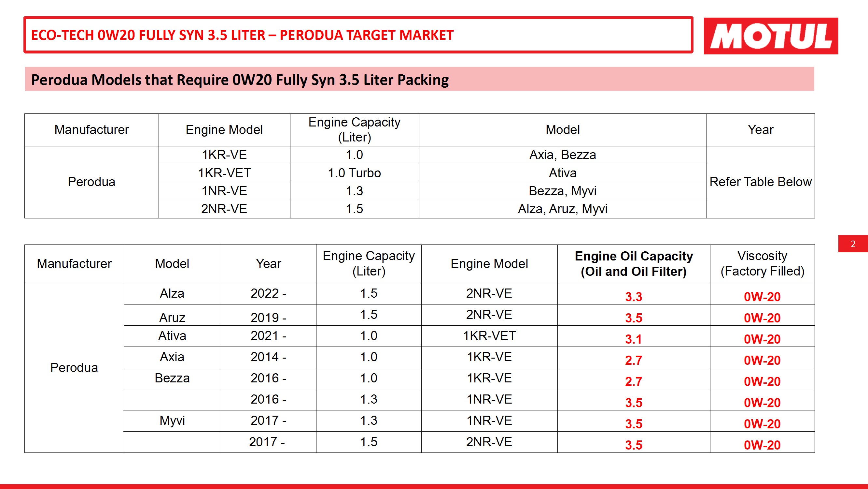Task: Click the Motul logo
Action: click(x=770, y=36)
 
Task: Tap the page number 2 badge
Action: click(x=853, y=244)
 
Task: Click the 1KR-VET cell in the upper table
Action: click(x=224, y=173)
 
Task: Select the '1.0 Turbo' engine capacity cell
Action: click(x=354, y=173)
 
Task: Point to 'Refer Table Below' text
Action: click(x=760, y=182)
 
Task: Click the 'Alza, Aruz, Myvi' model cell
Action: click(x=562, y=209)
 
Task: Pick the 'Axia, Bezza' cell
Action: click(x=562, y=155)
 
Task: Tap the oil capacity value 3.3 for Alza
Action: click(x=634, y=297)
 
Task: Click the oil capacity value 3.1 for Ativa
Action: click(x=634, y=339)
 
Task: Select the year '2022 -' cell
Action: click(x=268, y=293)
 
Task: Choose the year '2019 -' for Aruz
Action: click(x=268, y=318)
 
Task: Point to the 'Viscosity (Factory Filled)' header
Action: click(x=762, y=263)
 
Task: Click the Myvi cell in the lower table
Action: click(x=172, y=421)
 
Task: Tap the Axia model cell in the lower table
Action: click(x=172, y=357)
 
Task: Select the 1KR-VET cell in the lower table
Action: click(x=489, y=336)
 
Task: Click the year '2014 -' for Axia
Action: click(x=268, y=357)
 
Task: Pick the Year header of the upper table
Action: click(x=760, y=130)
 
